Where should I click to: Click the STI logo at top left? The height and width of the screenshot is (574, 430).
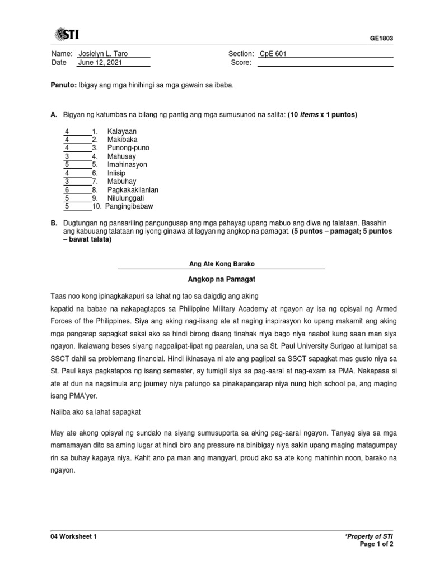click(67, 35)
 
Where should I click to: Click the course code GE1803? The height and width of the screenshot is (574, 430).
click(382, 38)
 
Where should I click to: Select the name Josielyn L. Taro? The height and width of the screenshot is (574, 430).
click(103, 54)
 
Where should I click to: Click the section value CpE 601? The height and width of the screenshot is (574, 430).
click(273, 54)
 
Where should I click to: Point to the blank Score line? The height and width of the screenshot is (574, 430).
click(325, 63)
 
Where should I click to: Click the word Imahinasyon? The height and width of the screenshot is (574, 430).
click(127, 165)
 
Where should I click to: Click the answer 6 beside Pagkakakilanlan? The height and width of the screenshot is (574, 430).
click(67, 190)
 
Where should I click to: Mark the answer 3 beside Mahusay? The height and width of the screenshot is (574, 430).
click(67, 156)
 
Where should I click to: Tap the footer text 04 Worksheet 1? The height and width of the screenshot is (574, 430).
click(74, 536)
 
